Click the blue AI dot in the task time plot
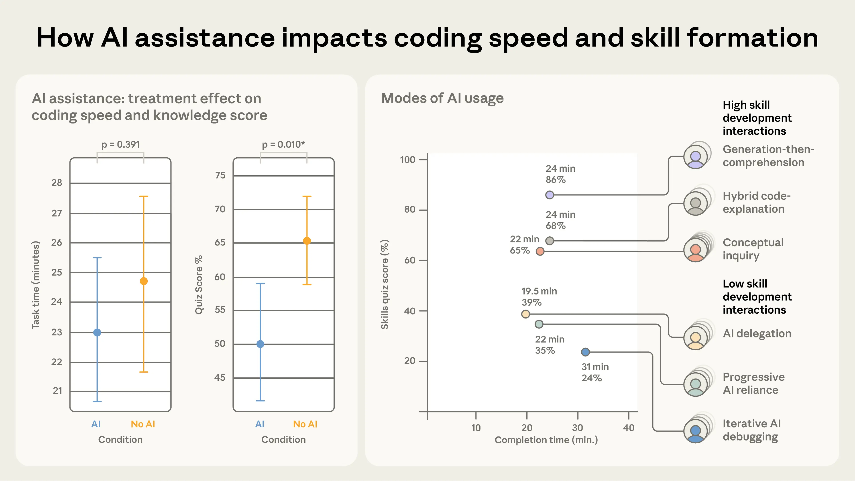(97, 332)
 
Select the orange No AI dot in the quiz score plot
(307, 241)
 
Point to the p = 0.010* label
(283, 145)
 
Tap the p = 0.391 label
(120, 145)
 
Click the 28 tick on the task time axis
(57, 183)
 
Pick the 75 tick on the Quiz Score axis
(220, 175)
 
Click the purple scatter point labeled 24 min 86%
(550, 195)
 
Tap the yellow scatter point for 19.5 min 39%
(525, 314)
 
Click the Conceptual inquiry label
(753, 249)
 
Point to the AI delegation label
(757, 333)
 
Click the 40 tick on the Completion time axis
(629, 428)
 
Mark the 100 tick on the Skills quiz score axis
(408, 160)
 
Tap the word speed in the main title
(528, 38)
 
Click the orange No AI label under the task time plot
(143, 424)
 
